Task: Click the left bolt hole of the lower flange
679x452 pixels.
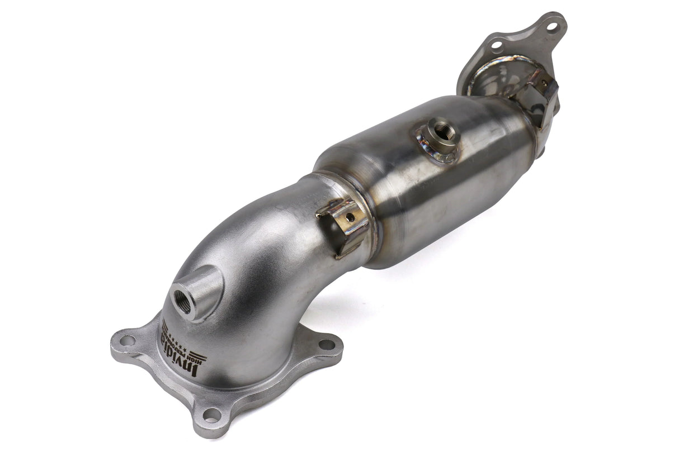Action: click(x=127, y=340)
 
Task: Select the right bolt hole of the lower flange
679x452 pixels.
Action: click(x=327, y=345)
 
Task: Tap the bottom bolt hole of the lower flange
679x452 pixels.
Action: click(x=211, y=415)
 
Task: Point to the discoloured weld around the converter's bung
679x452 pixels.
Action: click(x=433, y=148)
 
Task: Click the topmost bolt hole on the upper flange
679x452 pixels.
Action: click(x=552, y=26)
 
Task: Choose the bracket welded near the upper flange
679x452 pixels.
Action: click(x=540, y=95)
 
